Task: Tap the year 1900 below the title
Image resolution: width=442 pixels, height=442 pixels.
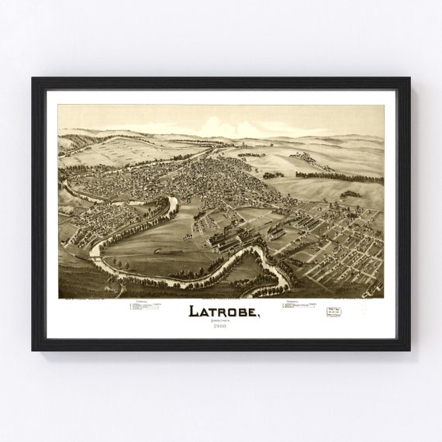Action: pos(221,327)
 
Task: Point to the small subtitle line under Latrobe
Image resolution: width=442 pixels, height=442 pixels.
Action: pos(221,321)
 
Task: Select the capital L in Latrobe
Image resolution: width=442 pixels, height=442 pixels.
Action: pos(194,312)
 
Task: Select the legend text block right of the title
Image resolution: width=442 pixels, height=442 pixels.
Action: pos(299,306)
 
